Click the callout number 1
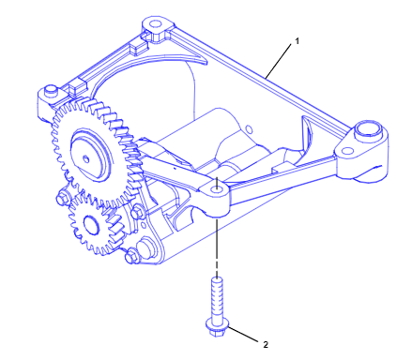pyautogui.click(x=298, y=41)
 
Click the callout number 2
pyautogui.click(x=266, y=345)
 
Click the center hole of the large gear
pyautogui.click(x=85, y=159)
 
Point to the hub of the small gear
pyautogui.click(x=90, y=224)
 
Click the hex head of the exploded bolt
pyautogui.click(x=217, y=328)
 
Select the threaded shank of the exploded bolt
pyautogui.click(x=217, y=298)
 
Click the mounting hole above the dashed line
pyautogui.click(x=216, y=188)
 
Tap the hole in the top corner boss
pyautogui.click(x=154, y=23)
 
